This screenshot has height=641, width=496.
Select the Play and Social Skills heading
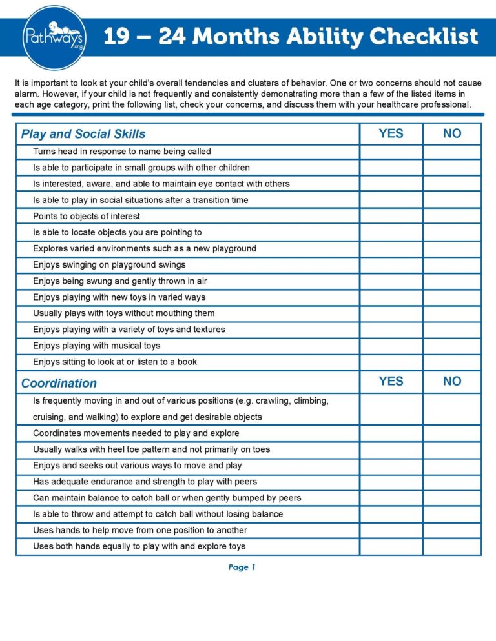point(83,134)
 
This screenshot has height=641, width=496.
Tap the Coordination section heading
point(59,383)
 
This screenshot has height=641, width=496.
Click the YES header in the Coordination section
point(391,382)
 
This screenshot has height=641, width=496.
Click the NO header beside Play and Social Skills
point(452,133)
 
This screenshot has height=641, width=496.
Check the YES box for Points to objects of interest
point(391,216)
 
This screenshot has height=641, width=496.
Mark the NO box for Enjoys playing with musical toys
point(452,346)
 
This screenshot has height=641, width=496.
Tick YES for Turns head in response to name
point(391,152)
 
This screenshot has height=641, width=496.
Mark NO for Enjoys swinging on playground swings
point(452,264)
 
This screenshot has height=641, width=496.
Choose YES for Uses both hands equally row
point(391,547)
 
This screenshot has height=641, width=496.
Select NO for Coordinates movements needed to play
point(452,433)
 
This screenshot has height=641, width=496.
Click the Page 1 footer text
point(242,567)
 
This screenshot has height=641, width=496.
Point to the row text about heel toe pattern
point(152,449)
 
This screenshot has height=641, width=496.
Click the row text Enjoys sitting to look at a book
point(115,362)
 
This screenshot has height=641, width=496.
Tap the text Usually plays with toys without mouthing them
point(124,313)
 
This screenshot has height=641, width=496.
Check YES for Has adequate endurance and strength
point(391,482)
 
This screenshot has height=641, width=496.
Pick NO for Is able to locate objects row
point(452,232)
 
